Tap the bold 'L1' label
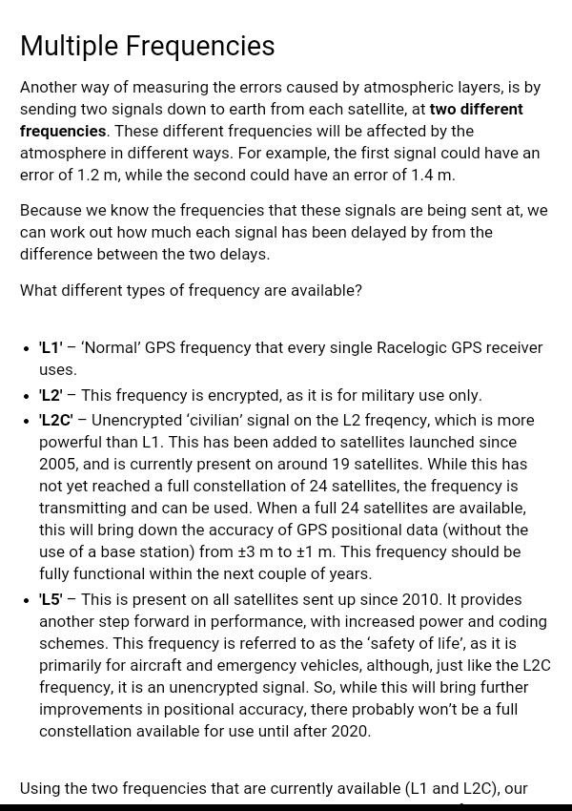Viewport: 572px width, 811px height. point(51,347)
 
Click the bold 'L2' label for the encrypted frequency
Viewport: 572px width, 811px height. point(51,395)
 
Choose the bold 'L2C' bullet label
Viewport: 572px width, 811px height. point(56,420)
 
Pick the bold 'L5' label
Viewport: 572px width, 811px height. point(51,599)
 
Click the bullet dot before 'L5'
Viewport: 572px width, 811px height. point(27,600)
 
